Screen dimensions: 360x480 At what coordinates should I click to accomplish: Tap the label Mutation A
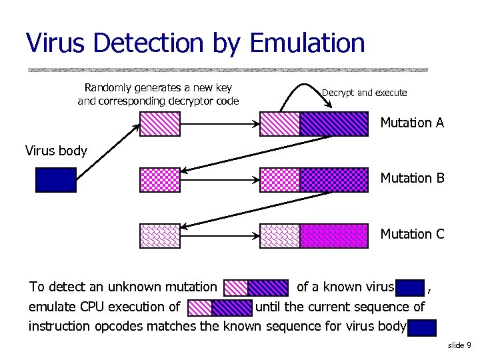411,123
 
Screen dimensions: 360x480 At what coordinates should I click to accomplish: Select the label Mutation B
411,178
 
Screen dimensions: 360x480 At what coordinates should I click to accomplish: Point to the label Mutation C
411,234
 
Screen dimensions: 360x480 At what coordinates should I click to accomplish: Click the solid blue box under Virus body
56,180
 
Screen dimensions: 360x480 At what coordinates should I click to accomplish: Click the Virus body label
56,151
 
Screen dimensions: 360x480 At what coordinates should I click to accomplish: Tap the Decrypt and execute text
364,93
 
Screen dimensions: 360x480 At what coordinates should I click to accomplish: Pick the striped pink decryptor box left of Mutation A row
160,123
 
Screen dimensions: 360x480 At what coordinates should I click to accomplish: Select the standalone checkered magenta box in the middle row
160,180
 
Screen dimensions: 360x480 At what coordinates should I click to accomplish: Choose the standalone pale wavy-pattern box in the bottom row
160,236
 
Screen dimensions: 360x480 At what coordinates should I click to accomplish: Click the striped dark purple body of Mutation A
333,123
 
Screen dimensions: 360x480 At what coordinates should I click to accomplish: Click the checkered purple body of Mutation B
333,180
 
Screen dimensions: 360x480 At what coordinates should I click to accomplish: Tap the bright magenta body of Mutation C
333,236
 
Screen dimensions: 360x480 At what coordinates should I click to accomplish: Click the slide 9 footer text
459,345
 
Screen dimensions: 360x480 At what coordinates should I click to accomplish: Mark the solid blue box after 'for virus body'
423,327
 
